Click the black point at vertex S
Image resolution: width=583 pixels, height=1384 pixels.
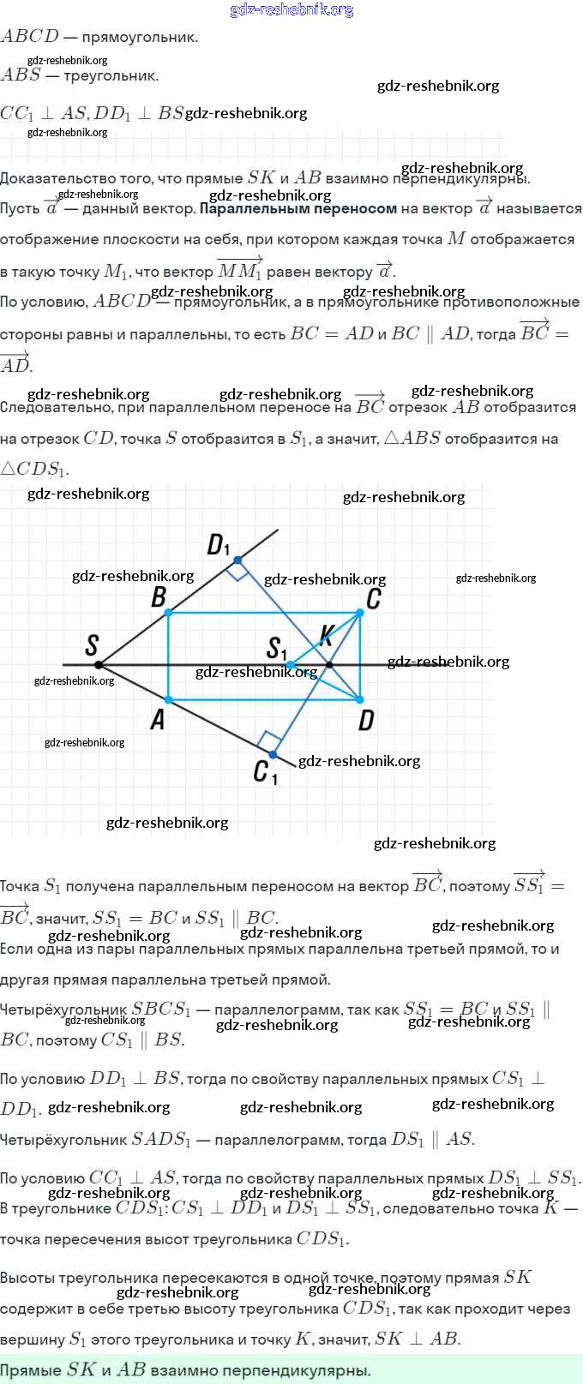click(99, 664)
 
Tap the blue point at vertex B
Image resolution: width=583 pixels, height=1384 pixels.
click(168, 612)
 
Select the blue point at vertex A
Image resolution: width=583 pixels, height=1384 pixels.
click(168, 700)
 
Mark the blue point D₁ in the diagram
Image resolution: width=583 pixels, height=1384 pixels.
click(237, 560)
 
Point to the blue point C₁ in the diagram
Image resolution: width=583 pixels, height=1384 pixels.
click(273, 754)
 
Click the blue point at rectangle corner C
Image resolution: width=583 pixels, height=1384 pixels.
click(360, 612)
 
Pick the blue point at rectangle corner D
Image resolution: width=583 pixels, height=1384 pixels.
click(360, 700)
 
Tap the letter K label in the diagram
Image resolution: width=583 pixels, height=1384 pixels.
click(326, 635)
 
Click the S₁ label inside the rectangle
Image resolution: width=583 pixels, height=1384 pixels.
click(277, 648)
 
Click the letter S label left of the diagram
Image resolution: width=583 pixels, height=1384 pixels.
click(93, 644)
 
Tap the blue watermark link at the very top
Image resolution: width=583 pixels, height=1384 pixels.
click(291, 9)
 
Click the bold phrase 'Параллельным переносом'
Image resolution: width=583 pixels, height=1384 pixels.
click(298, 208)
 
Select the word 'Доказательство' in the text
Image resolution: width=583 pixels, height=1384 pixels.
click(54, 178)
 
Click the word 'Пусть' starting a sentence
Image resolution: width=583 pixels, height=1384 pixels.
click(20, 208)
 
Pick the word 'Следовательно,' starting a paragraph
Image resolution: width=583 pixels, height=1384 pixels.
click(54, 407)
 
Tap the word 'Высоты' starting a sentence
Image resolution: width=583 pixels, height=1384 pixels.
click(24, 1278)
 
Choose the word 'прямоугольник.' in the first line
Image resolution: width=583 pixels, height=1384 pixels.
click(140, 37)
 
